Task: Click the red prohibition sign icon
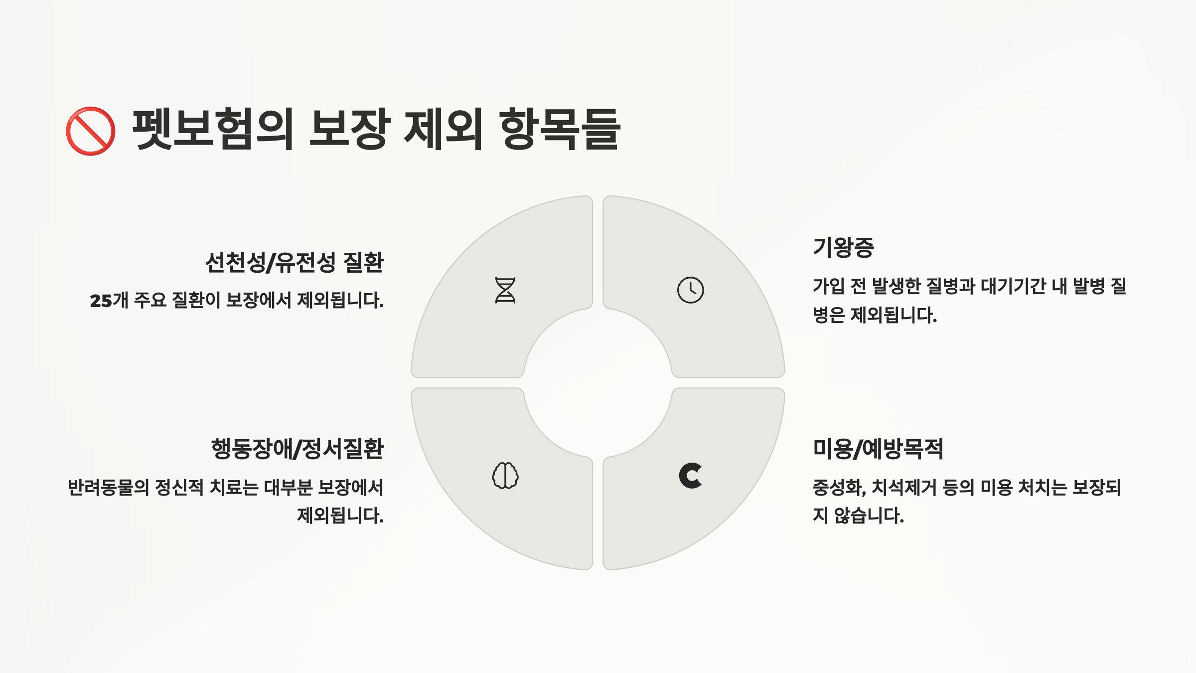pos(91,131)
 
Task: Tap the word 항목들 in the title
pos(560,129)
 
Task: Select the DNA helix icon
pos(505,290)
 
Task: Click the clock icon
pos(690,290)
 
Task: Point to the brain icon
pos(505,476)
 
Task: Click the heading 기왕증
pos(843,247)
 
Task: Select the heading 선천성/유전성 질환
pos(294,262)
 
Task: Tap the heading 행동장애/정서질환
pos(298,449)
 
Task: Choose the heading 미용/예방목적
pos(878,449)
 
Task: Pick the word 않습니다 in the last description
pos(869,515)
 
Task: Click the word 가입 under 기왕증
pos(829,286)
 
